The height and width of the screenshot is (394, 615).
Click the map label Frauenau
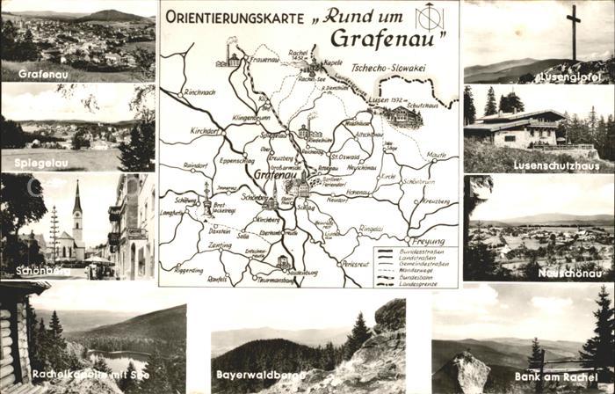[264, 60]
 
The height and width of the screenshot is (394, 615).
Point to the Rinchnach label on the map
[200, 91]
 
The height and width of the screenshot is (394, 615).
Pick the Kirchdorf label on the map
[204, 130]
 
